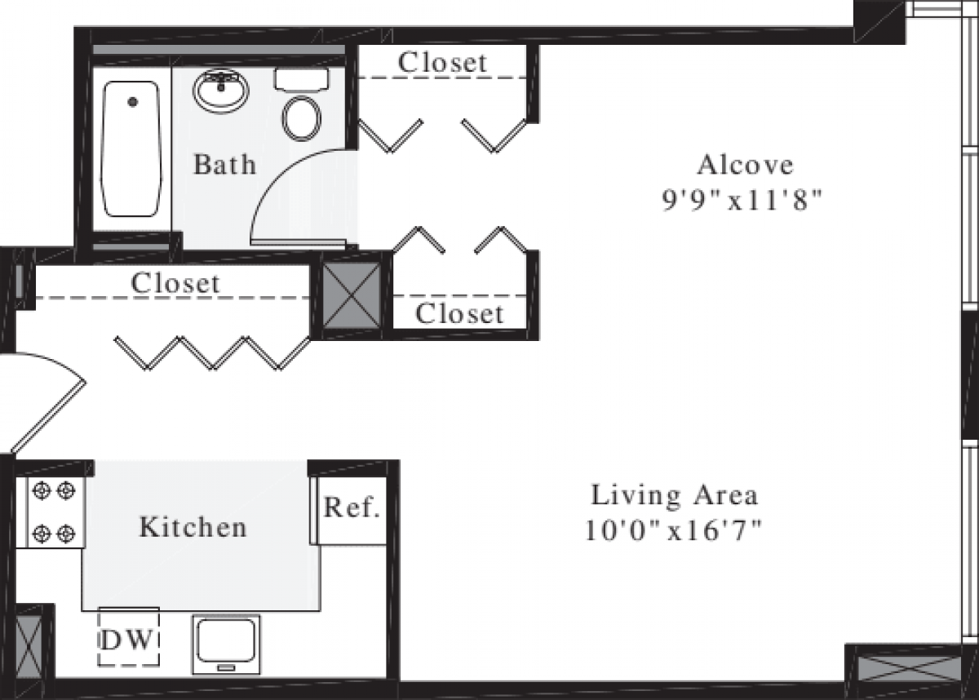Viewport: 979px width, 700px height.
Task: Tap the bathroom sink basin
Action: pyautogui.click(x=220, y=91)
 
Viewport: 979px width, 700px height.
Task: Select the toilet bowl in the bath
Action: pyautogui.click(x=301, y=117)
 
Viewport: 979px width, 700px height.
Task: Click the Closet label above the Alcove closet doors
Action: pyautogui.click(x=442, y=62)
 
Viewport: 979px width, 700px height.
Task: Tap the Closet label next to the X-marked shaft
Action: pyautogui.click(x=458, y=313)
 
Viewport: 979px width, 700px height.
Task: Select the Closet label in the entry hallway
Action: pyautogui.click(x=175, y=283)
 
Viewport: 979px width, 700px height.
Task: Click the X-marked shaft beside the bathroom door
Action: pyautogui.click(x=352, y=295)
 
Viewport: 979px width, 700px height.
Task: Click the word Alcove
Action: pyautogui.click(x=744, y=165)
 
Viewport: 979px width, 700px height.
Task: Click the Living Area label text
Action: pyautogui.click(x=674, y=495)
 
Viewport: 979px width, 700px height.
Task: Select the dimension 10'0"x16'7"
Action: pyautogui.click(x=673, y=531)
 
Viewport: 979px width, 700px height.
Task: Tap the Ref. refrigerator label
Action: pyautogui.click(x=352, y=508)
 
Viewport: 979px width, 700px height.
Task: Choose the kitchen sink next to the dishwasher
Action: pyautogui.click(x=226, y=643)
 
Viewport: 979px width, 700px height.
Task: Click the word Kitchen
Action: pyautogui.click(x=193, y=527)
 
